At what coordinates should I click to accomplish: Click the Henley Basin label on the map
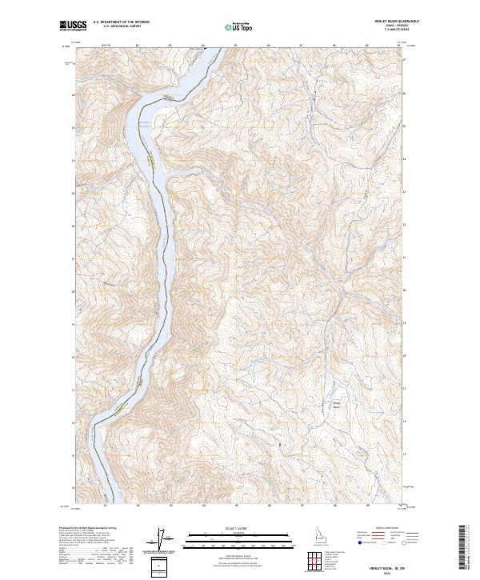click(x=338, y=405)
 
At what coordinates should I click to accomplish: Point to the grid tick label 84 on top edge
click(x=203, y=46)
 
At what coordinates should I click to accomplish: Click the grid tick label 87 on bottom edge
click(x=302, y=506)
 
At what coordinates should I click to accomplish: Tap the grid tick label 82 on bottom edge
click(x=138, y=506)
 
